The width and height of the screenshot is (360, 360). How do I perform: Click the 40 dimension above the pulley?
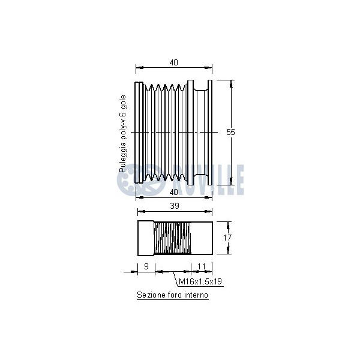(x=174, y=62)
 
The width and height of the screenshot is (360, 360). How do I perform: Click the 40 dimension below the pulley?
(x=174, y=192)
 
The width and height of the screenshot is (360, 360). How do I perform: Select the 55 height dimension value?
(x=230, y=132)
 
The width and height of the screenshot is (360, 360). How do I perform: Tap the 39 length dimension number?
(x=175, y=206)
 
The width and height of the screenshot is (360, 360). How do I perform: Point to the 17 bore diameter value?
(x=227, y=238)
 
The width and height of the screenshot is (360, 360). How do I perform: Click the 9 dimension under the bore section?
(x=146, y=266)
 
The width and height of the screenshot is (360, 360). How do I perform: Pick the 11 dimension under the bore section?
(x=202, y=266)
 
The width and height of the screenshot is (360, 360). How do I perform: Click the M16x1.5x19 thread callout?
(x=200, y=281)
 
